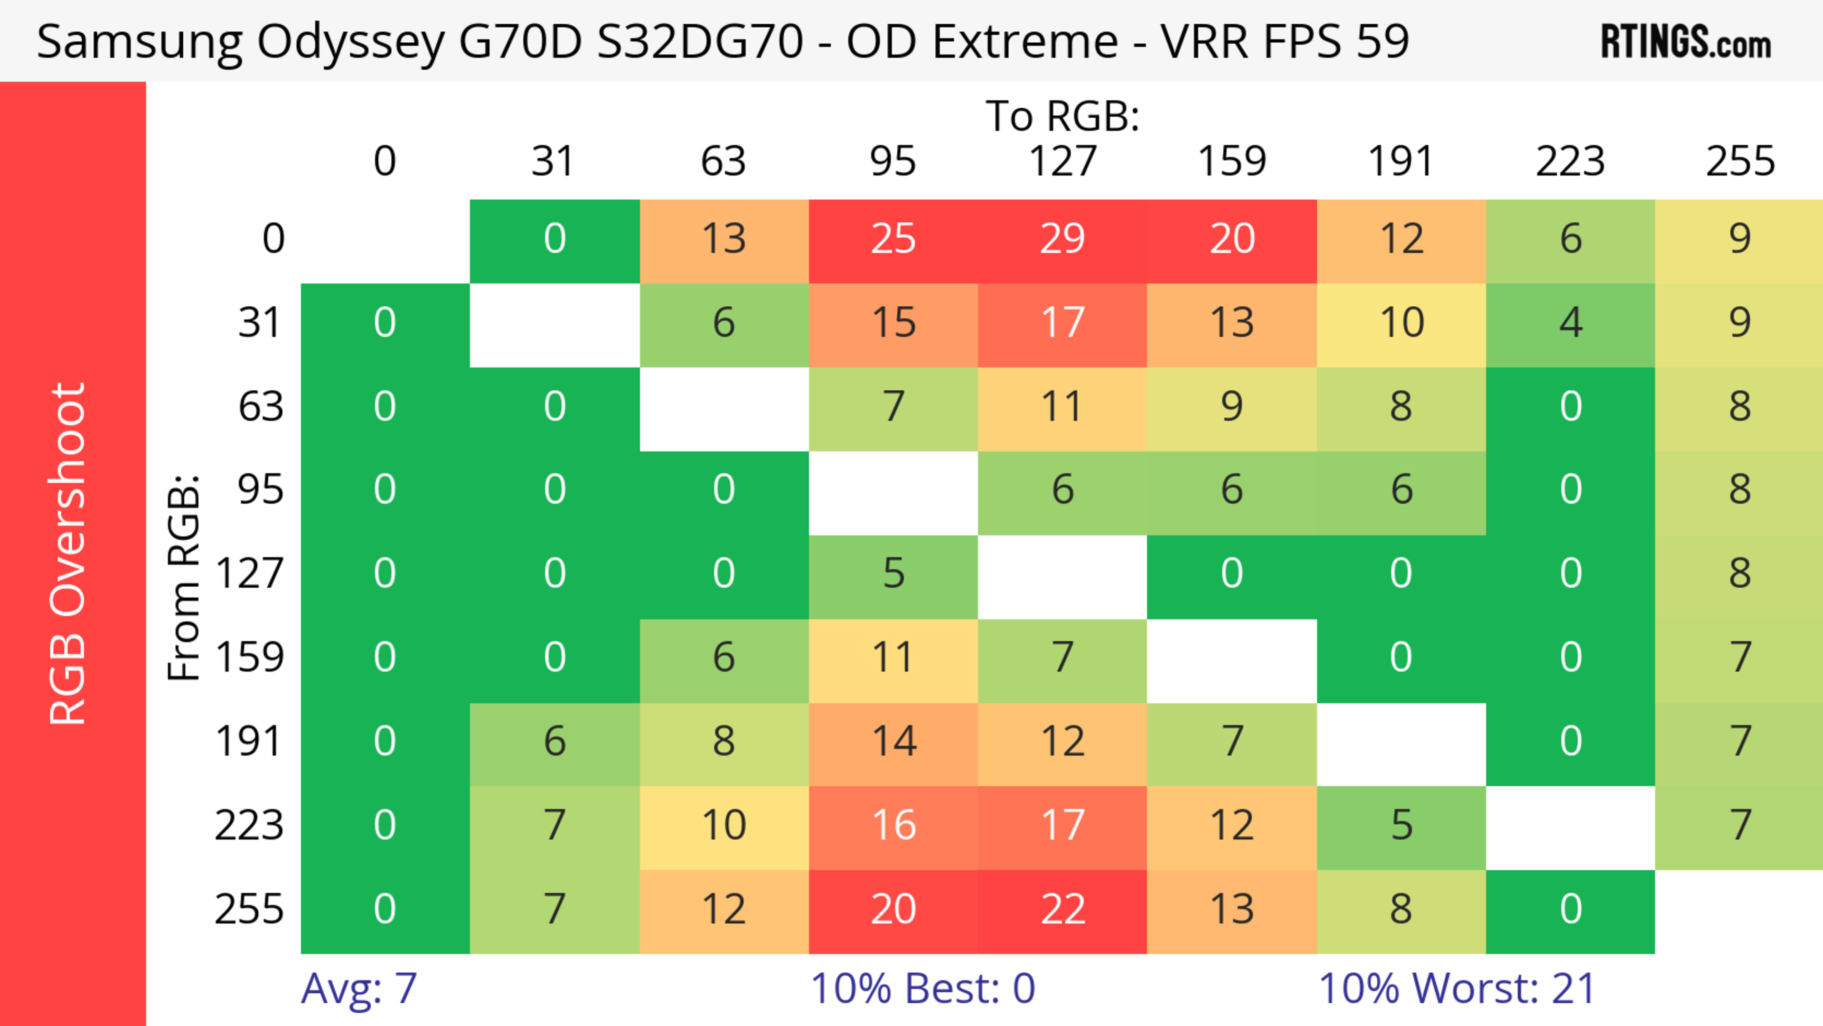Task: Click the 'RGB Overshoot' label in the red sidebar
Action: [x=69, y=553]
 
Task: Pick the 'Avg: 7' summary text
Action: [x=359, y=988]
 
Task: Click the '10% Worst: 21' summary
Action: [x=1457, y=988]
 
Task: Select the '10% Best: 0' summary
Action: [x=922, y=988]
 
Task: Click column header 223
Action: [x=1570, y=161]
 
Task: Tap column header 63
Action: [x=723, y=161]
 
